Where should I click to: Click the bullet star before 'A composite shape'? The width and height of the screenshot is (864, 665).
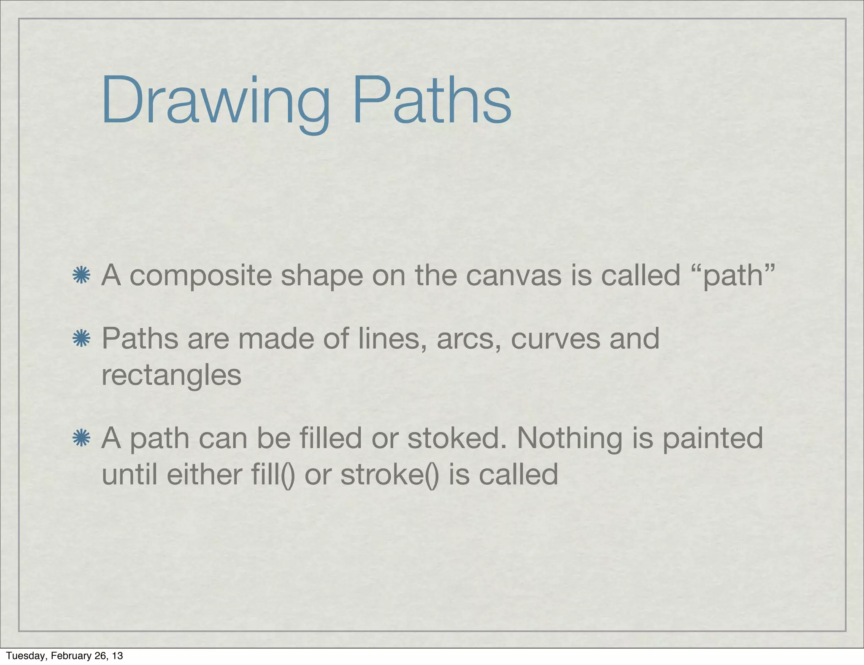[81, 276]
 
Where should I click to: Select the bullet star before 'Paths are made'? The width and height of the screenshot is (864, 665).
[81, 339]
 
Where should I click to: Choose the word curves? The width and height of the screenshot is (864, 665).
[555, 340]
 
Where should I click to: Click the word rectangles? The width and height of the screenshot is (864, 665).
[171, 376]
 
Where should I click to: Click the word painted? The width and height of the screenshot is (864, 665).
[713, 439]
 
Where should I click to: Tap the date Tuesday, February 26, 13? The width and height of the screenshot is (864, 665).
[64, 655]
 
